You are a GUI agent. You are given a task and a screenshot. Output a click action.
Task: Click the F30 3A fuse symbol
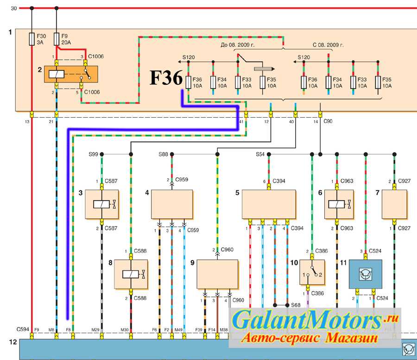32,39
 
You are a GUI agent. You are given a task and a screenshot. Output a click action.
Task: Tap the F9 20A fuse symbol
57,39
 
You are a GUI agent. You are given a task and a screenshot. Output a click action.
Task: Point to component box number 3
102,204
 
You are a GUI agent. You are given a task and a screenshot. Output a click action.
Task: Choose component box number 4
171,204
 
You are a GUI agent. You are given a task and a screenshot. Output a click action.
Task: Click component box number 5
269,204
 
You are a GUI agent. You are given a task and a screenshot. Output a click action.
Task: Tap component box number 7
394,204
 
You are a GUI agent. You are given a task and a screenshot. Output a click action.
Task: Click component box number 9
217,274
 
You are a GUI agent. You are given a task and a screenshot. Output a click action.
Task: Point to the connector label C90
328,121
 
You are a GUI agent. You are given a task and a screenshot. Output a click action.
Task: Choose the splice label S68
296,305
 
